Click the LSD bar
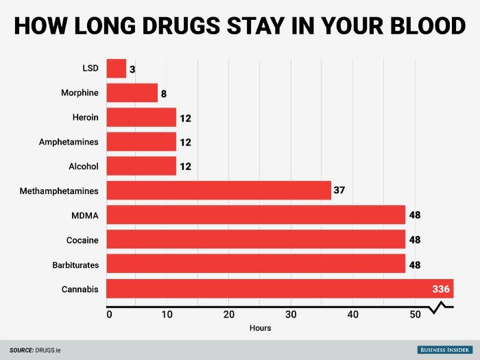point(117,69)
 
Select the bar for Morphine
point(132,93)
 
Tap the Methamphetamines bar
point(219,190)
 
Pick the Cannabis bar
point(274,289)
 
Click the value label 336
point(440,289)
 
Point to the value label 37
point(339,190)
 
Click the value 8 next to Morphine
point(165,93)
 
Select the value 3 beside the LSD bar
point(133,69)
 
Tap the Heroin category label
point(86,117)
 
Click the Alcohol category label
point(84,166)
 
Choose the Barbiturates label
point(75,265)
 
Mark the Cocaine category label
point(82,240)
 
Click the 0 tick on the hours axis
point(109,315)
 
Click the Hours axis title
point(261,328)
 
